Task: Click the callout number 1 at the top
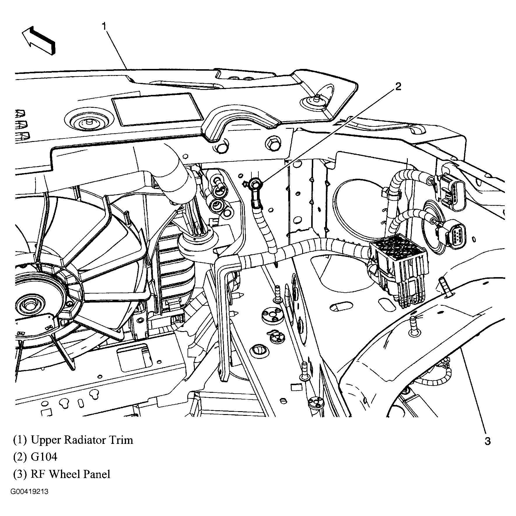(104, 26)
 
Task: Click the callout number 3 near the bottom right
(487, 441)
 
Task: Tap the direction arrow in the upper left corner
(38, 40)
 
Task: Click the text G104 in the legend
(44, 457)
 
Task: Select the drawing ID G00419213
(29, 492)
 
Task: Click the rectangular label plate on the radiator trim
(158, 110)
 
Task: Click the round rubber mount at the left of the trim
(88, 122)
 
